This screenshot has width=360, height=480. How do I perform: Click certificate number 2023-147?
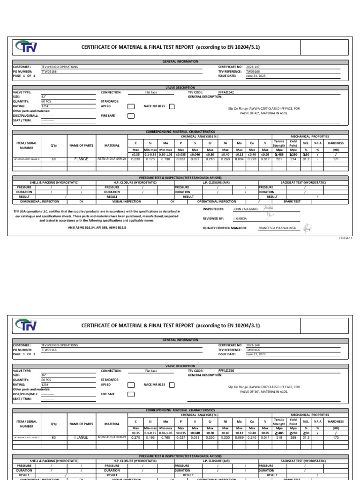click(x=253, y=67)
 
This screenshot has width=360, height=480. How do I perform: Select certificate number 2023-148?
click(x=253, y=345)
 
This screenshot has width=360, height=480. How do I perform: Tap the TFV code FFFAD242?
click(x=226, y=92)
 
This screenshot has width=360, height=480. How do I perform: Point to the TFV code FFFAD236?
click(x=226, y=371)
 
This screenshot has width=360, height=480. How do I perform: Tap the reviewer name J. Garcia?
click(x=240, y=218)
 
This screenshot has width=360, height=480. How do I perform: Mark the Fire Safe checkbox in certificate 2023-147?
click(x=131, y=116)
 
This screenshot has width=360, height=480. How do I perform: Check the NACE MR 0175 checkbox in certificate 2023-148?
click(x=172, y=385)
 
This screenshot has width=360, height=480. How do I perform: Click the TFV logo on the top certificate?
click(x=27, y=47)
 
